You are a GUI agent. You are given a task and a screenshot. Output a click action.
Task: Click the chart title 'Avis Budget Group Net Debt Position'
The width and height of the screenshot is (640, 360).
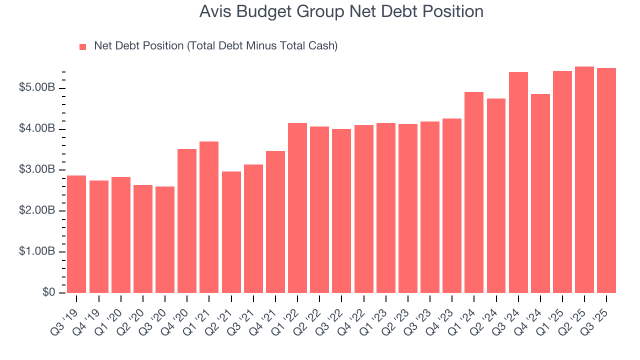point(341,11)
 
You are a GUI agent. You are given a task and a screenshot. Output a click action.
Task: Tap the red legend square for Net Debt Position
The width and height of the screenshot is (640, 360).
point(83,47)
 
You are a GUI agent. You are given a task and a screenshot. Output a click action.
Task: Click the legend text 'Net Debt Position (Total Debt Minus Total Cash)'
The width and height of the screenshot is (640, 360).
point(215,46)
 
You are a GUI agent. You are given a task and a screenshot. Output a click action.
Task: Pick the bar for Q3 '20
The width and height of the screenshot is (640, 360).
point(165,239)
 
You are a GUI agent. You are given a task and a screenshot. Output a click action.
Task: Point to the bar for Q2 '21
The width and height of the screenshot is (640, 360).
point(231,232)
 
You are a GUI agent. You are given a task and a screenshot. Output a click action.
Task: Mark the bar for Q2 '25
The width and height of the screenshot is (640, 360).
point(584,179)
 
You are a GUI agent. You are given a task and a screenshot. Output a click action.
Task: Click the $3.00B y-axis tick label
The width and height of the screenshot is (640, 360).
point(37,170)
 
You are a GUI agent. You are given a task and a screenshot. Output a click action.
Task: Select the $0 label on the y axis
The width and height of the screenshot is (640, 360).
point(48,292)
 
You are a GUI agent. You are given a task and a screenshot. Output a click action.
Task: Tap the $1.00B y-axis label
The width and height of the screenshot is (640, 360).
point(37,251)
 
